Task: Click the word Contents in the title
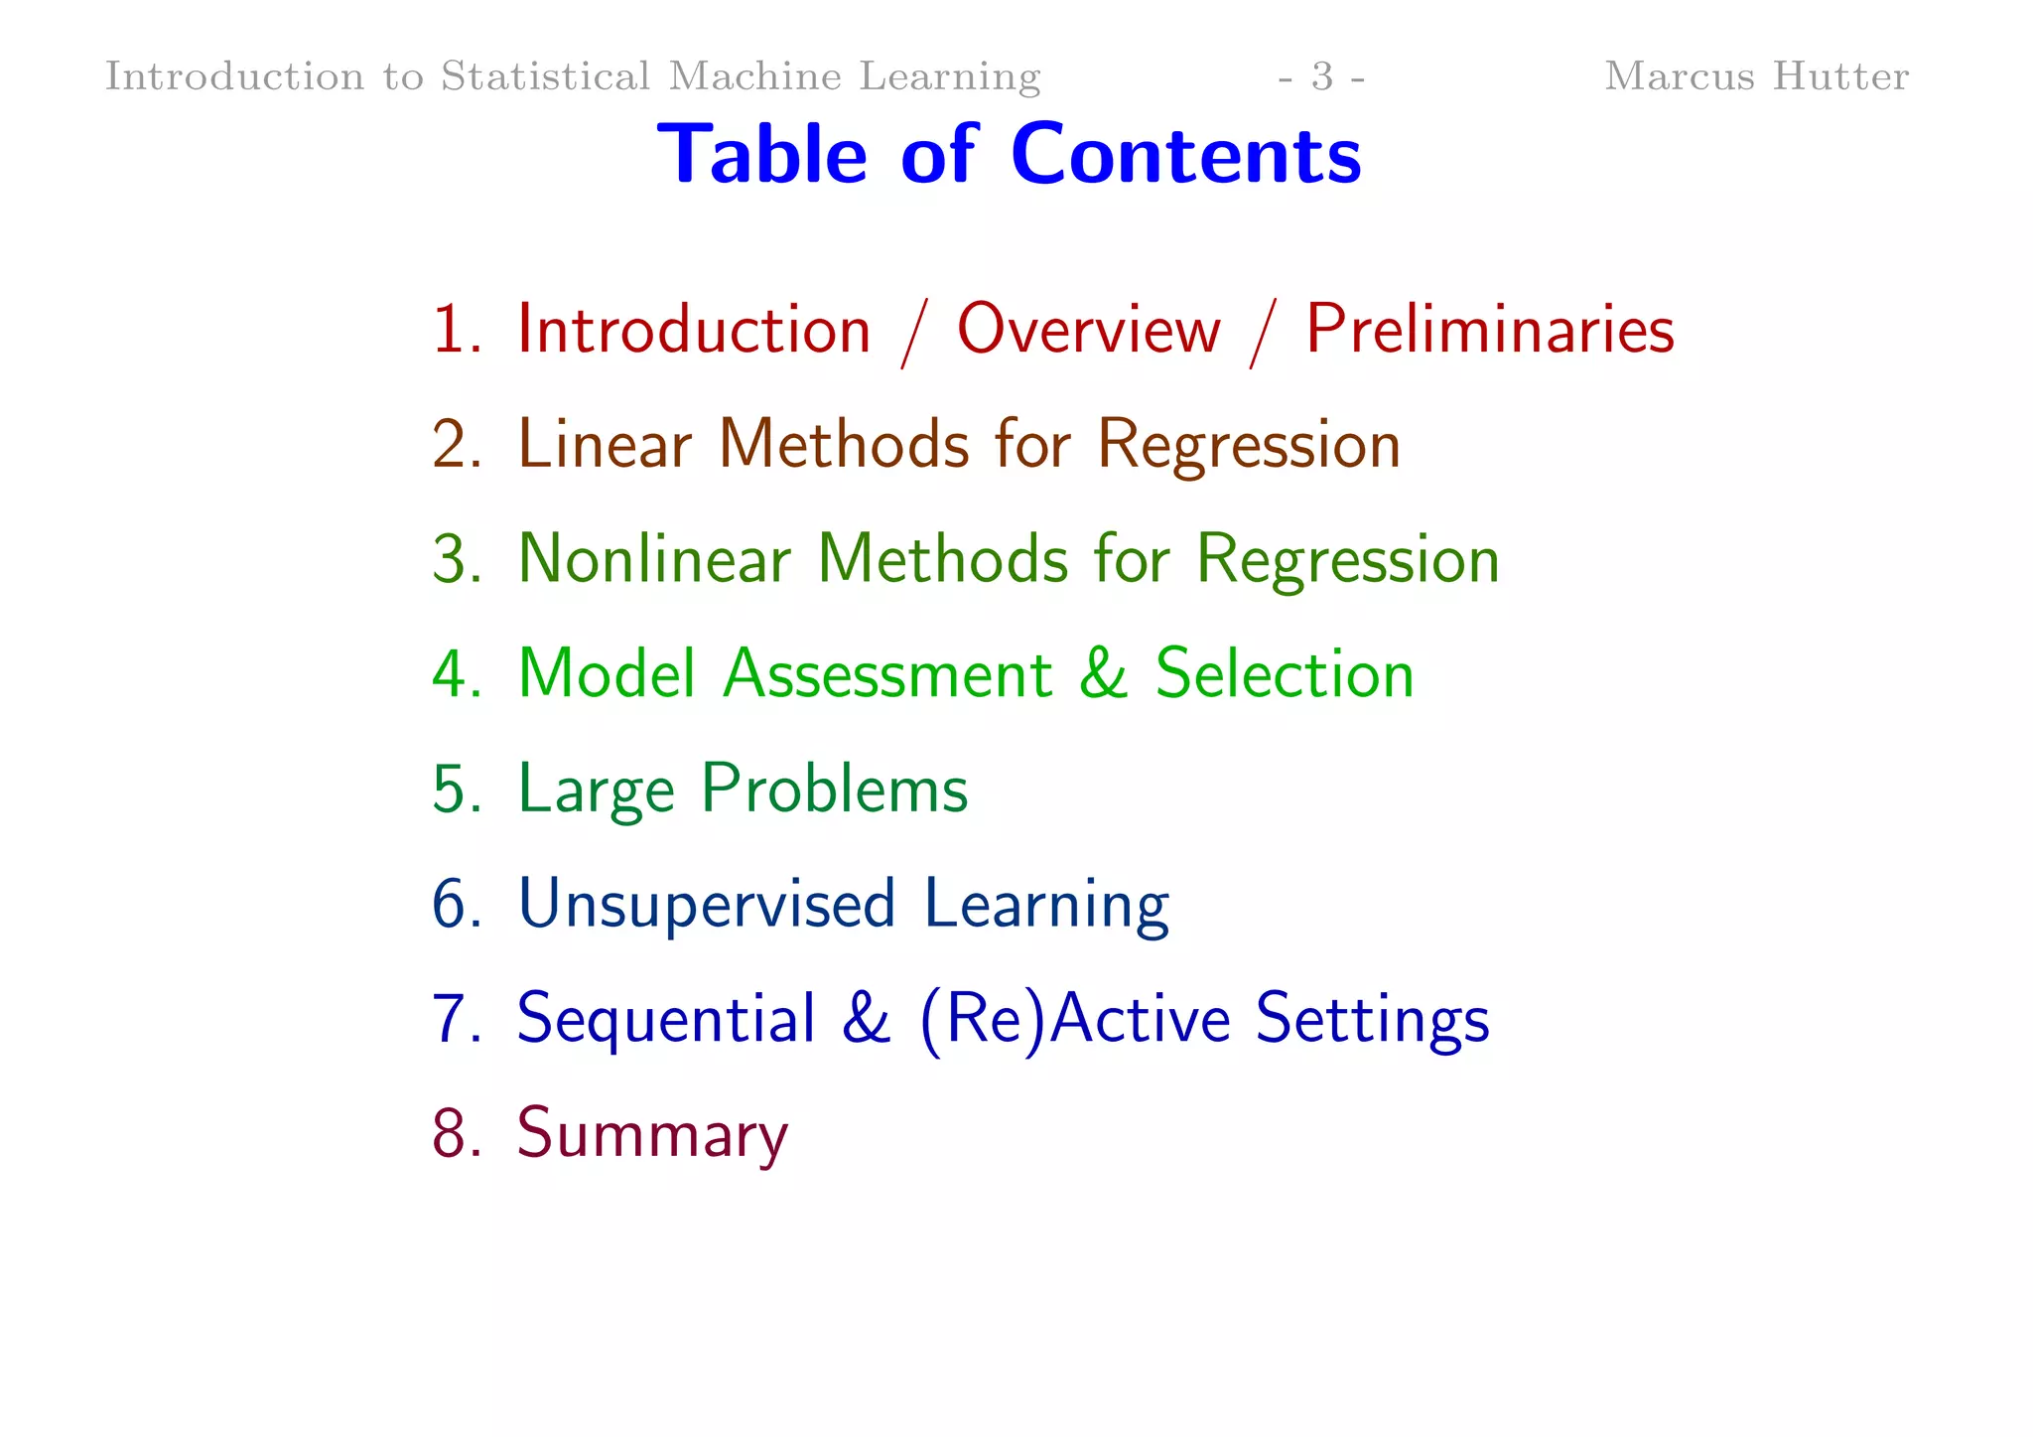(x=1185, y=155)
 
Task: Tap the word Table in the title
(x=762, y=155)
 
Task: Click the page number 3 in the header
(x=1322, y=76)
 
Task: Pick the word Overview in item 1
(x=1088, y=330)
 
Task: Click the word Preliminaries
(x=1489, y=330)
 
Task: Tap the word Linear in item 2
(x=605, y=444)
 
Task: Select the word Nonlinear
(x=654, y=559)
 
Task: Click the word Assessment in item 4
(x=887, y=674)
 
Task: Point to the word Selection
(x=1285, y=674)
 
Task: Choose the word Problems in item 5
(x=834, y=790)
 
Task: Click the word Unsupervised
(x=707, y=905)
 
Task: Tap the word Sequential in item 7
(x=666, y=1020)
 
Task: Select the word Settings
(x=1372, y=1020)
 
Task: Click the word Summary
(x=652, y=1134)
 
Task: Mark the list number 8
(x=455, y=1133)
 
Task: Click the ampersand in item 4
(x=1103, y=674)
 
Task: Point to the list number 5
(x=455, y=790)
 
